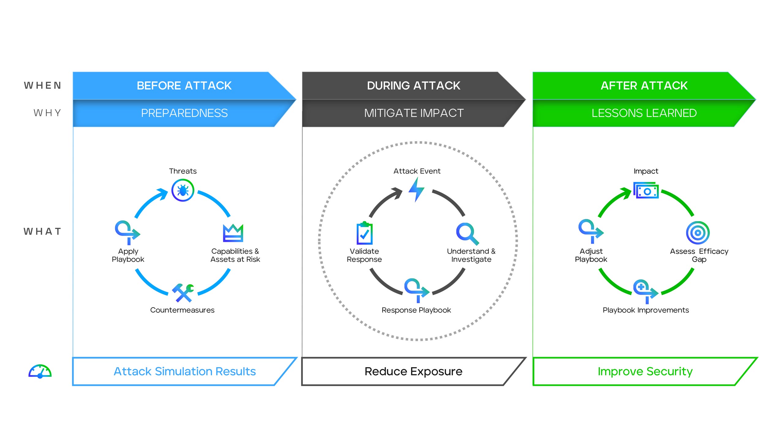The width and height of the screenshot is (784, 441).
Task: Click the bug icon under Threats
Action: tap(183, 190)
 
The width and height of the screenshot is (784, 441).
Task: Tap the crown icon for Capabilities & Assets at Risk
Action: tap(233, 233)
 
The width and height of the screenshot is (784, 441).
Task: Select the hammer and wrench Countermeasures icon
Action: tap(183, 292)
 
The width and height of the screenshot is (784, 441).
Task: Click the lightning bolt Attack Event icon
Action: tap(417, 190)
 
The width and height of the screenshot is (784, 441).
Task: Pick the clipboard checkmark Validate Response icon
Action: tap(364, 233)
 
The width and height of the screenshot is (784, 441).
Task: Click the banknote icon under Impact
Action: tap(646, 190)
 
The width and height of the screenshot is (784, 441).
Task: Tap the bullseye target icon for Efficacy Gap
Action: tap(698, 233)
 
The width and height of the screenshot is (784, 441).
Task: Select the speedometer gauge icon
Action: tap(40, 371)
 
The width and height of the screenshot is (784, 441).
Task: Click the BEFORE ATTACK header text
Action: tap(184, 86)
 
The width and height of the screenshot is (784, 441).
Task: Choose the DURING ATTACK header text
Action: tap(413, 86)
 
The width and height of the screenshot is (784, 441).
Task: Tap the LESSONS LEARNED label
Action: tap(644, 113)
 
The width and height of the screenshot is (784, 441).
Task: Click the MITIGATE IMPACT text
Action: tap(414, 113)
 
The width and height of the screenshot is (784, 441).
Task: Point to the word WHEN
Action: tap(43, 85)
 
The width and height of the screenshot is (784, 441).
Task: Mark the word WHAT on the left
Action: tap(43, 232)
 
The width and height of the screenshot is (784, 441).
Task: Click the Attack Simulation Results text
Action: tap(185, 371)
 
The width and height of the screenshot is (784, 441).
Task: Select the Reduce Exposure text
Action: tap(413, 371)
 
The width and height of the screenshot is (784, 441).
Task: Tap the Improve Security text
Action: tap(645, 371)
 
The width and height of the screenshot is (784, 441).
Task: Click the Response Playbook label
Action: tap(416, 310)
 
